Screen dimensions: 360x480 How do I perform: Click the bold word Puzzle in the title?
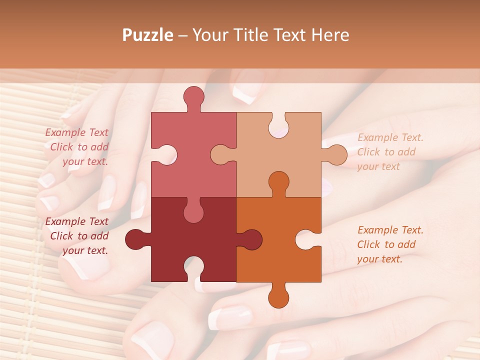tap(148, 35)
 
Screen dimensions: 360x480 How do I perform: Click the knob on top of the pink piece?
tap(193, 97)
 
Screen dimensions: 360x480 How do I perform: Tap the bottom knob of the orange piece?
tap(278, 296)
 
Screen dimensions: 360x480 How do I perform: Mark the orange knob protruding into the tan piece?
tap(278, 183)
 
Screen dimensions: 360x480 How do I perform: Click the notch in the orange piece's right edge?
tap(307, 239)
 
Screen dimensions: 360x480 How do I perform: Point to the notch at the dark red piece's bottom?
tap(193, 268)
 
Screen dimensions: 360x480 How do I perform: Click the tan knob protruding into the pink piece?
tap(222, 154)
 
